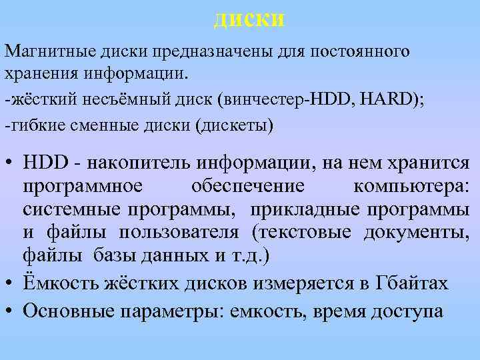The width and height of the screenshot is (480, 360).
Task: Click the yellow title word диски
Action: tap(249, 18)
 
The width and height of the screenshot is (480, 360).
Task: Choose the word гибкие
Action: tap(33, 125)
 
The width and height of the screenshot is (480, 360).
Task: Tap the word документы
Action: tap(416, 233)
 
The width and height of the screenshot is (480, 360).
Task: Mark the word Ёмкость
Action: tap(61, 283)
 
